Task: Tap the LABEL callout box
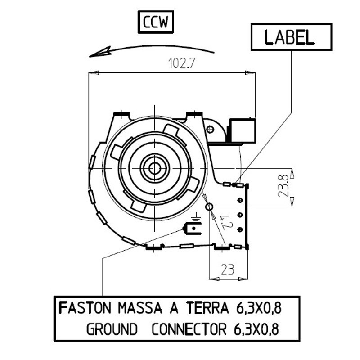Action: [291, 37]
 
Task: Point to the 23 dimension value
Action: [228, 270]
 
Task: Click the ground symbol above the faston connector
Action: [195, 220]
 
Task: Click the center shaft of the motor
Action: [155, 168]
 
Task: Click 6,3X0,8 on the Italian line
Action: [258, 309]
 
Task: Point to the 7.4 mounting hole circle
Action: [209, 207]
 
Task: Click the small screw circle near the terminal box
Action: [210, 130]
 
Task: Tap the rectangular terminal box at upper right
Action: [243, 130]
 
